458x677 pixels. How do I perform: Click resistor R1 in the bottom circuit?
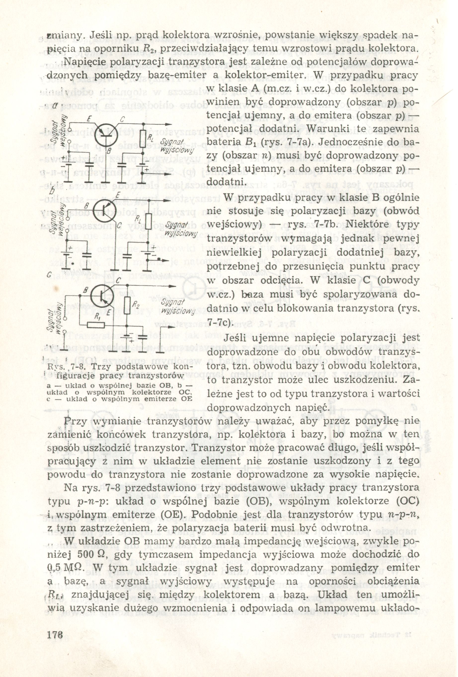point(94,324)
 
